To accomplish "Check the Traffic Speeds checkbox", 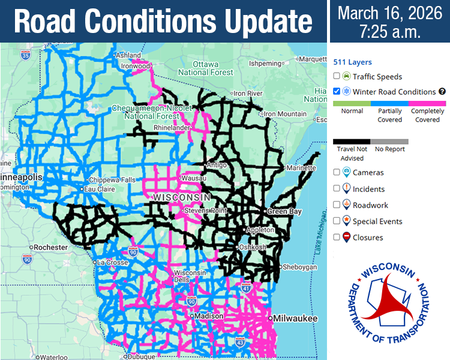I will pyautogui.click(x=337, y=76).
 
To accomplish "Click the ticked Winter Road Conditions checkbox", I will pyautogui.click(x=337, y=92).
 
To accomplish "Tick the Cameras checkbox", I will pyautogui.click(x=337, y=172).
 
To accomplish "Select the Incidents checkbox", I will pyautogui.click(x=337, y=188).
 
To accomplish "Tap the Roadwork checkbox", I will pyautogui.click(x=337, y=205).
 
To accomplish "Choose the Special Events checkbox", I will pyautogui.click(x=337, y=221).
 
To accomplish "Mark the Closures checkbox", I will pyautogui.click(x=337, y=237).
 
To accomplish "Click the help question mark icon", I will pyautogui.click(x=442, y=92).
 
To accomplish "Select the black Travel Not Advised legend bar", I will pyautogui.click(x=352, y=142).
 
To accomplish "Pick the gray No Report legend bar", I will pyautogui.click(x=389, y=142).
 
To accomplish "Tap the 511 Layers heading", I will pyautogui.click(x=352, y=62).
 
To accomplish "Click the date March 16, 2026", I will pyautogui.click(x=389, y=14).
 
